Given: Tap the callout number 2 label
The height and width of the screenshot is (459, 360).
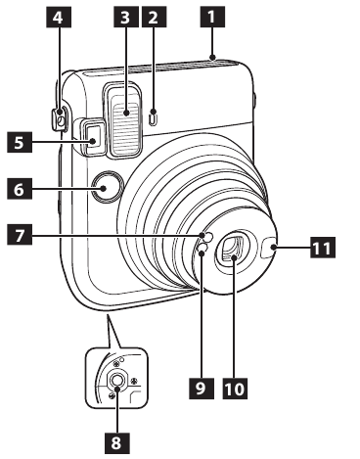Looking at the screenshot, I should pos(153,16).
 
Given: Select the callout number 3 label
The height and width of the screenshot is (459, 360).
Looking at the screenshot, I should pos(122,16).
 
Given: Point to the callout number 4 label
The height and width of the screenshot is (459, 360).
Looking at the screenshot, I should pos(60,16).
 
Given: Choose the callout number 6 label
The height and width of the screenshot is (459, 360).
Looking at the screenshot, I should pos(18,186).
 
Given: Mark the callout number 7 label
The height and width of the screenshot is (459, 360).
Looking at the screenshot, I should pos(18,235).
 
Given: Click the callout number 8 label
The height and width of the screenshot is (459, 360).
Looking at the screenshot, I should pos(116,443).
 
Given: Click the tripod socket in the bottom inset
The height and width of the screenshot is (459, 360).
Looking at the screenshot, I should pos(116,381).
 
